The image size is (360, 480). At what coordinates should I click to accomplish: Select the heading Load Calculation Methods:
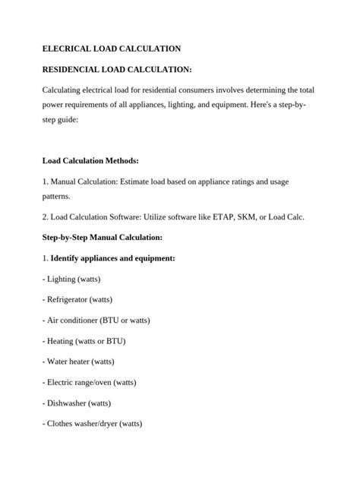click(x=90, y=161)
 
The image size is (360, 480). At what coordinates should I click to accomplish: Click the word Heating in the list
click(x=62, y=340)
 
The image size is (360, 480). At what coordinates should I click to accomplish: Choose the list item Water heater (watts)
click(x=81, y=361)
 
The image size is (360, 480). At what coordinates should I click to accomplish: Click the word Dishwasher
click(x=68, y=402)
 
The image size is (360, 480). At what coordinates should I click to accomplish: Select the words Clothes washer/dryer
click(x=81, y=422)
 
